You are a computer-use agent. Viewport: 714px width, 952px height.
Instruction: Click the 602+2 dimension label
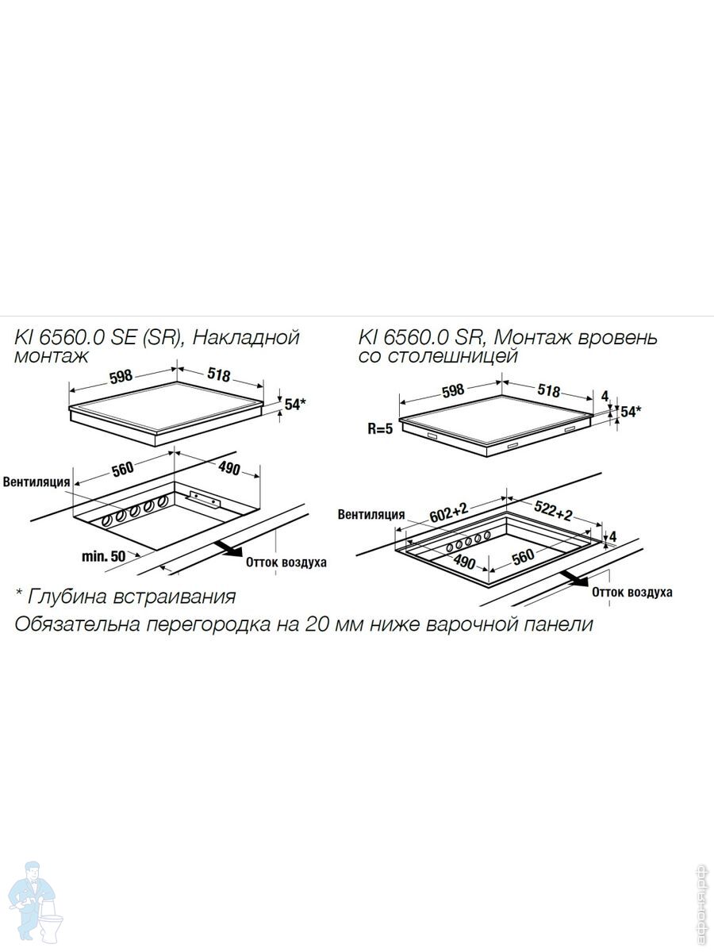(x=449, y=512)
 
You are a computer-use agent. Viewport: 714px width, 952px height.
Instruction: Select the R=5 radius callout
(x=380, y=429)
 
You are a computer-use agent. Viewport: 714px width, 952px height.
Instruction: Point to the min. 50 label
(x=104, y=556)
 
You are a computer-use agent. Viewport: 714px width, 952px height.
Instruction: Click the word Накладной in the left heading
(x=246, y=338)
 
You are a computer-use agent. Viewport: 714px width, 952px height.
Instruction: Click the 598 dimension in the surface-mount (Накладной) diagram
(x=121, y=376)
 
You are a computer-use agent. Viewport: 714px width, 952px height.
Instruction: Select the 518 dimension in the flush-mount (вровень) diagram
(x=549, y=391)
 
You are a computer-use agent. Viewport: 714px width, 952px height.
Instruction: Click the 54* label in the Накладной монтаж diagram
(x=295, y=405)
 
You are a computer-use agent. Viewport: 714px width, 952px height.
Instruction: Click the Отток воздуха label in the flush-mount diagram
(x=632, y=593)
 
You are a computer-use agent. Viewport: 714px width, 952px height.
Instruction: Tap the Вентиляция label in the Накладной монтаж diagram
(x=36, y=482)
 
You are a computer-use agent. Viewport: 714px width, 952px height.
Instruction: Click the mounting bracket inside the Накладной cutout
(x=204, y=499)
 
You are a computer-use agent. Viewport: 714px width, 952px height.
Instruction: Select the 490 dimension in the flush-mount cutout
(x=464, y=562)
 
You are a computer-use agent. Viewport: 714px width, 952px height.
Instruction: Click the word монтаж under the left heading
(x=52, y=356)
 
